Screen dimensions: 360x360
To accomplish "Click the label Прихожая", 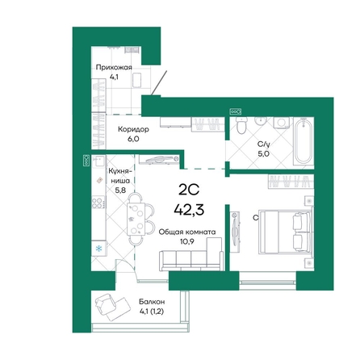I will point(112,67).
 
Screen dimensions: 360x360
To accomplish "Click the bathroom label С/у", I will point(263,144).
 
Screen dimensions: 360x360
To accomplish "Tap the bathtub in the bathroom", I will point(303,142).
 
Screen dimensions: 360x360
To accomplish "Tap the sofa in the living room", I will point(191,259).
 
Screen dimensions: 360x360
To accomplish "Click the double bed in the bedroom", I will point(283,231).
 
